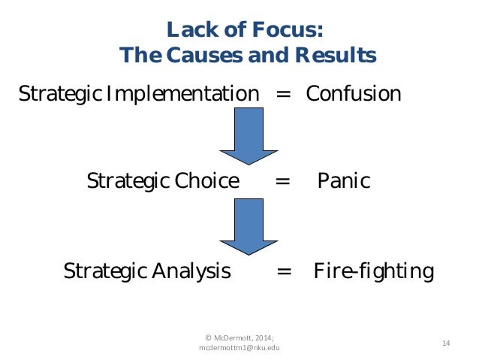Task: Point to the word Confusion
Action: point(353,94)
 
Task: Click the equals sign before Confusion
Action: point(282,95)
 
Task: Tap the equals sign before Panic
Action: point(282,182)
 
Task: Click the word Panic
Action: point(344,181)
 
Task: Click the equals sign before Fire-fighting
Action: point(285,271)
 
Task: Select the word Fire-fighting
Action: point(373,271)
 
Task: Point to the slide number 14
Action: point(446,343)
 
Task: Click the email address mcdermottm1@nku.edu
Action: point(239,348)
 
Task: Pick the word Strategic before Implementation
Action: point(60,95)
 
